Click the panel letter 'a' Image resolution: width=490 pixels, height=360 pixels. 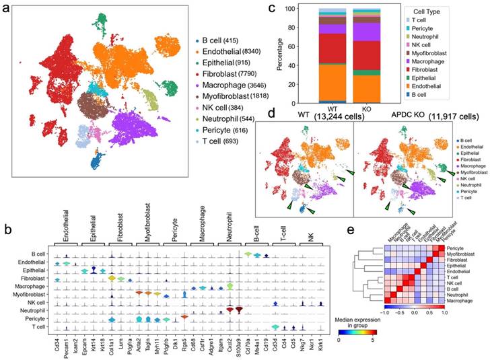6,9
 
